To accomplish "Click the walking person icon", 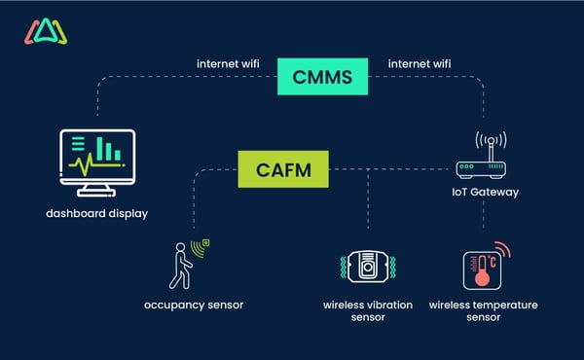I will click(182, 265).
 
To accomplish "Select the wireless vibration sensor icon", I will click(367, 269).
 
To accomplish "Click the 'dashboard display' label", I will click(96, 213).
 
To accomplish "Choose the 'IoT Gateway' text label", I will click(485, 192).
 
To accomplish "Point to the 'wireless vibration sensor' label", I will click(368, 311).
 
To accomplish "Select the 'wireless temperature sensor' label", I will click(484, 311).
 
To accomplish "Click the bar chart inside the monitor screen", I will click(115, 152).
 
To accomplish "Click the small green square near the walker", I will click(206, 241).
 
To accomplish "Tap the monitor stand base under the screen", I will click(96, 193).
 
